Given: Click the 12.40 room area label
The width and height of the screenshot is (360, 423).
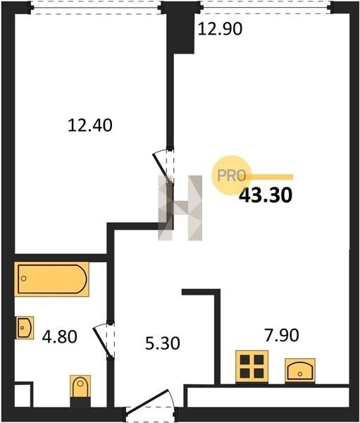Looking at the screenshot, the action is tap(89, 125).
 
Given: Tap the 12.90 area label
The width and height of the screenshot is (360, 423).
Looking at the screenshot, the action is tap(220, 29).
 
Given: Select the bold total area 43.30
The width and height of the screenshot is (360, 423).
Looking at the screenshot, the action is tap(266, 195).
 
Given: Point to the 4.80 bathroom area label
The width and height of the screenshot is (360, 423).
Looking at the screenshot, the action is tap(60, 337).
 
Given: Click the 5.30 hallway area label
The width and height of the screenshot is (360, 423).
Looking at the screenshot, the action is tap(163, 344).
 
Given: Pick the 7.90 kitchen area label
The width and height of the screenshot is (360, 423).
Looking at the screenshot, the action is tap(282, 336).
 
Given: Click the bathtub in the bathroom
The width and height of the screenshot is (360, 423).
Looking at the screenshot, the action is tap(51, 279).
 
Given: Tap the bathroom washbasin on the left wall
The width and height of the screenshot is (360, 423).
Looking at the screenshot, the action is tap(24, 328).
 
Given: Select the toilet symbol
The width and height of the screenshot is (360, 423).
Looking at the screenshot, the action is tap(80, 386).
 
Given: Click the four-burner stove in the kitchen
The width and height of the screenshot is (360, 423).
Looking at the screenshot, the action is tap(252, 367).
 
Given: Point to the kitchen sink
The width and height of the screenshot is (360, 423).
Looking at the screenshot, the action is tap(300, 370).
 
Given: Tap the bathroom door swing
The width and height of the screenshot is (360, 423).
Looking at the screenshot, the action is tap(104, 341).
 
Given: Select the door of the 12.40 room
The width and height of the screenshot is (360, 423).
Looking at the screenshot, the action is tap(163, 166).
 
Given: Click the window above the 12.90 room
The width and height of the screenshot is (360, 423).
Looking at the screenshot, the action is tap(266, 7).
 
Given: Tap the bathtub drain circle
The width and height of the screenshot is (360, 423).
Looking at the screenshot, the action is tap(24, 278).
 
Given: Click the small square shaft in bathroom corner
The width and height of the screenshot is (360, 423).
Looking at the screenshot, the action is tap(23, 395).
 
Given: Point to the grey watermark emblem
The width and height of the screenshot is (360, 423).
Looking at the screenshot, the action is tap(180, 208).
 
